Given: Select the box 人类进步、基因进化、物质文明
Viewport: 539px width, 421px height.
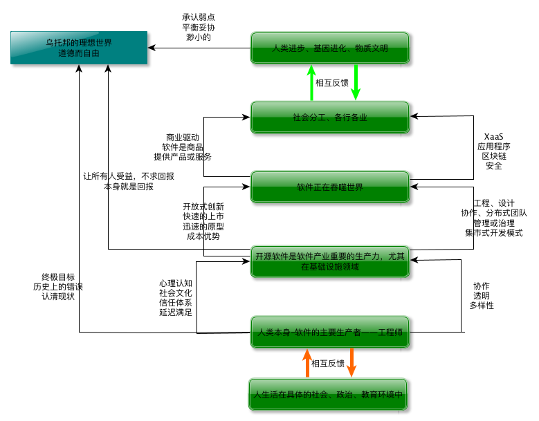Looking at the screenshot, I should coord(330,48).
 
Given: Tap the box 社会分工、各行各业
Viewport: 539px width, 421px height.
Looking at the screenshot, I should coord(330,118).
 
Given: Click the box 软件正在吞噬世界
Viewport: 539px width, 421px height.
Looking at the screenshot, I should coord(330,187).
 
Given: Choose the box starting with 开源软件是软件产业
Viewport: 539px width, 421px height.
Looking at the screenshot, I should coord(330,261).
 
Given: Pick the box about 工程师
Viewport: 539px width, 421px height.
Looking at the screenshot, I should coord(330,333).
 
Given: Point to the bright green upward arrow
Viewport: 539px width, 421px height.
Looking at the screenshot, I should coord(311,82).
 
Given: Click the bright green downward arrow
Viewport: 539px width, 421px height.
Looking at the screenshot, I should coord(356,82).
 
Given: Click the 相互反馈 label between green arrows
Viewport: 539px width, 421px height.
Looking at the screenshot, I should coord(333,83).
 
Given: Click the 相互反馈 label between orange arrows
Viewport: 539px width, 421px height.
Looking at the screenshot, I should coord(328,363).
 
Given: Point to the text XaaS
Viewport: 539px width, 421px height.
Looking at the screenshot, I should coord(493,136).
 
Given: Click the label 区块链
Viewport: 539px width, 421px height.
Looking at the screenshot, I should coord(493,156).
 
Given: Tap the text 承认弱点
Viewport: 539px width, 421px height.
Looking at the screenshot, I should coord(198,17).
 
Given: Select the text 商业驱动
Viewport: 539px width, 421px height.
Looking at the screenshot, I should coord(183,137).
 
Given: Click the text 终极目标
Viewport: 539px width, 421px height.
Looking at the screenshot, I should coord(58,277).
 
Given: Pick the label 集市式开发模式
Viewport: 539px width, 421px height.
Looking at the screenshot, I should coord(493,233).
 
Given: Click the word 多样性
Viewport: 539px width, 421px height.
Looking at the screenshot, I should coord(482,305).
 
